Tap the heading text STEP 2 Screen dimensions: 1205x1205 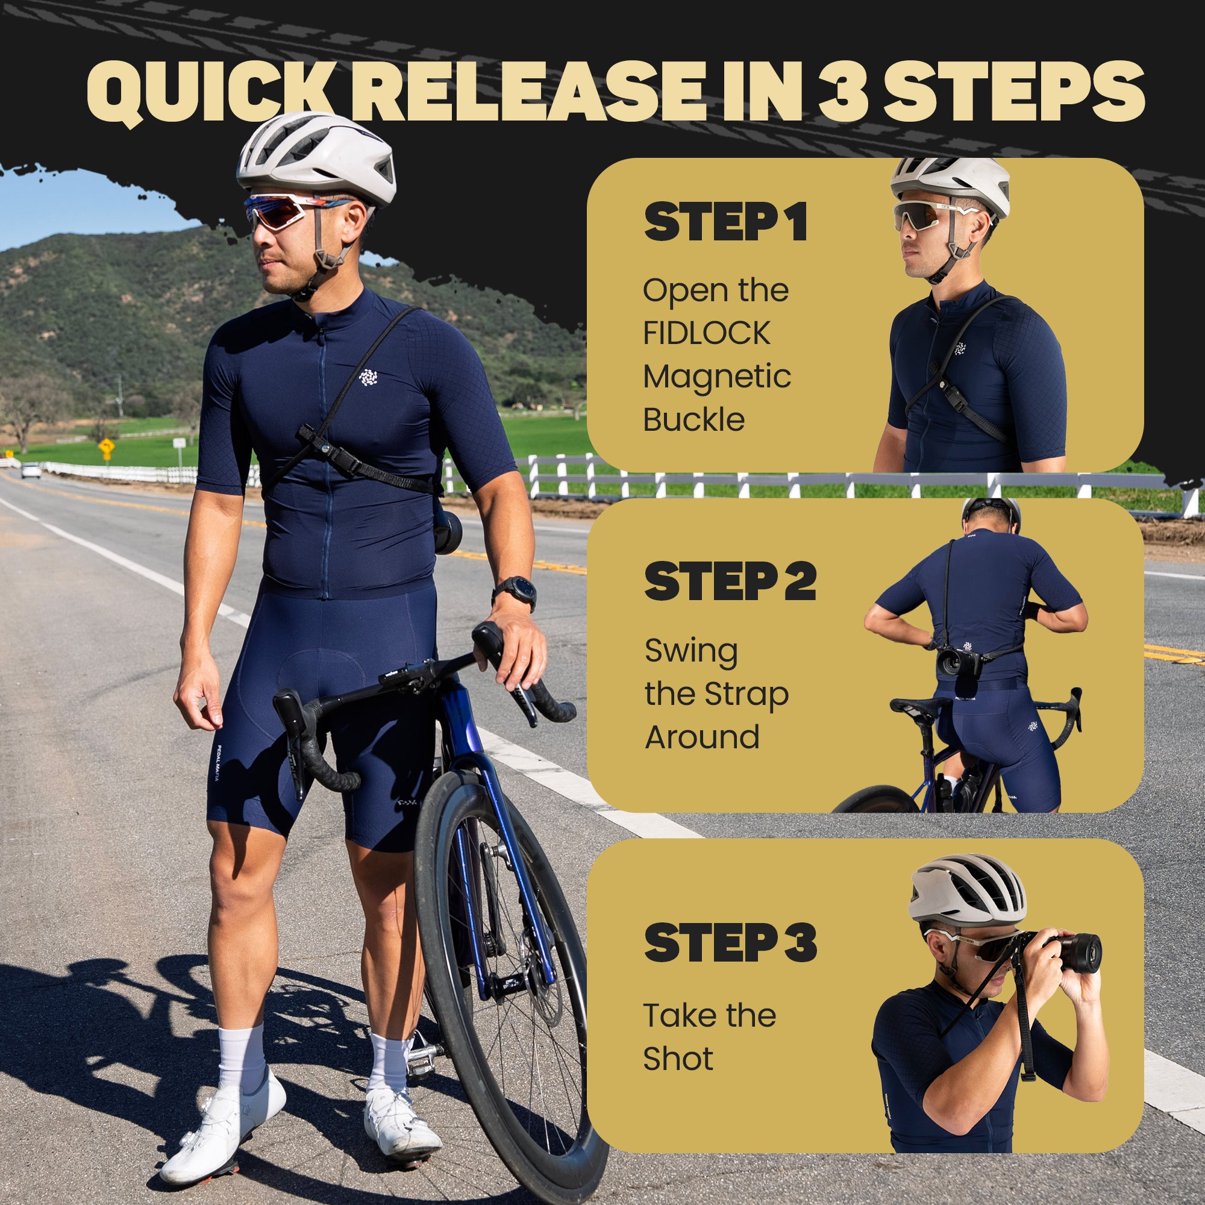point(730,581)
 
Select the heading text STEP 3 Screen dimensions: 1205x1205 point(730,942)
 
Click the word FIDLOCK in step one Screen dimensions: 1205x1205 point(707,333)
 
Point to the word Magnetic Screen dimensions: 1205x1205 point(716,377)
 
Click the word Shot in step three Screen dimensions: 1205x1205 point(678,1059)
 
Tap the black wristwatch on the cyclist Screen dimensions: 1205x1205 point(515,590)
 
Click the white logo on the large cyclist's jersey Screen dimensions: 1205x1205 point(369,377)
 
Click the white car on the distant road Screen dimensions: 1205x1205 point(31,470)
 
